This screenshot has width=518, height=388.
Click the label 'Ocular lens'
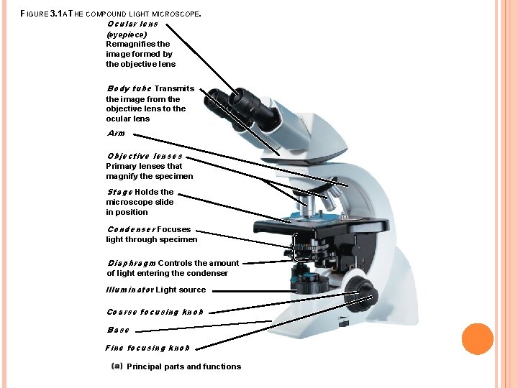pos(132,24)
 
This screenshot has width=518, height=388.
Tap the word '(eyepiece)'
pos(127,34)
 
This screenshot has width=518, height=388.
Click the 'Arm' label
pos(116,133)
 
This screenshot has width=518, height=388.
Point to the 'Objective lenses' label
pos(145,156)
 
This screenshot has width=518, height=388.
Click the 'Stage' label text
pos(119,192)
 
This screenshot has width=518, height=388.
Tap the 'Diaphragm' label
pos(131,263)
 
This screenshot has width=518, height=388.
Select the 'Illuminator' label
pos(129,290)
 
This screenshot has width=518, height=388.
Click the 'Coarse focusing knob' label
pos(155,312)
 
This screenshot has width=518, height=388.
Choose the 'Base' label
pos(118,330)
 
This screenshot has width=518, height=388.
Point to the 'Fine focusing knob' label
pos(147,348)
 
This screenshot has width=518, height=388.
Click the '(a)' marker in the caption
pos(117,366)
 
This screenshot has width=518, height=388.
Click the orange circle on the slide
pos(477,338)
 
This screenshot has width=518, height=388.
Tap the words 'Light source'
pos(181,290)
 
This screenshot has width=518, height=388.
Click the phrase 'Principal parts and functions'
pos(183,366)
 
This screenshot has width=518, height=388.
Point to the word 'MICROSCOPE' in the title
pos(176,14)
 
